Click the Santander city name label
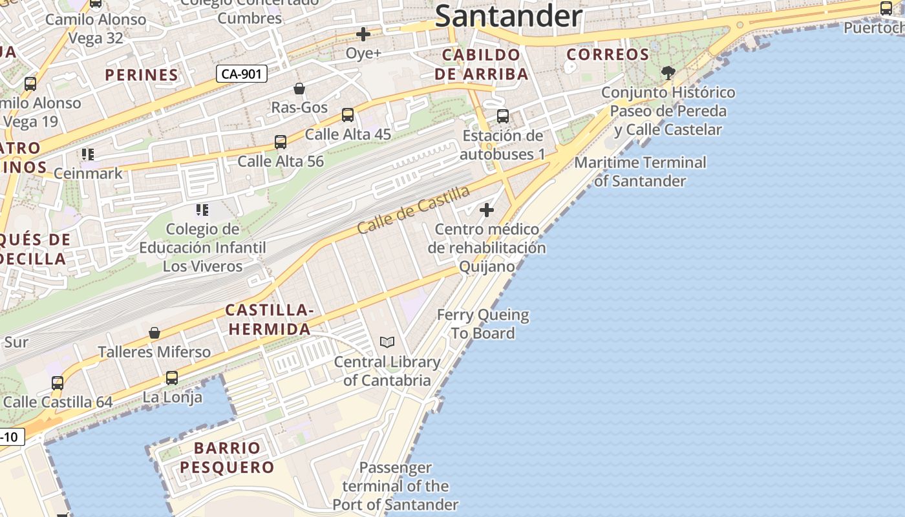coord(509,16)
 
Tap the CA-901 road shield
coord(241,74)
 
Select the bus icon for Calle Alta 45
coord(348,115)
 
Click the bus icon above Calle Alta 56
coord(281,142)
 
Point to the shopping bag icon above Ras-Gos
coord(299,88)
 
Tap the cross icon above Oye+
coord(363,34)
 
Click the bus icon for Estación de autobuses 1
coord(503,116)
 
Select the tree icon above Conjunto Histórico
coord(668,72)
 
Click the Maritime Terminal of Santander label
coord(640,171)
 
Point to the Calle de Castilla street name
coord(413,209)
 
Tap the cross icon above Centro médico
coord(487,210)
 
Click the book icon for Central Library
coord(387,342)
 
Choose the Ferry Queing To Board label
coord(483,324)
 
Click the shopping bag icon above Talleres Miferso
coord(154,333)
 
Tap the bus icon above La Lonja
coord(172,377)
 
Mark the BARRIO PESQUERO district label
coord(227,457)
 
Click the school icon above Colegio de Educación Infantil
coord(202,210)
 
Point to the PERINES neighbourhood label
coord(142,75)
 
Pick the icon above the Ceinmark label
coord(88,154)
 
